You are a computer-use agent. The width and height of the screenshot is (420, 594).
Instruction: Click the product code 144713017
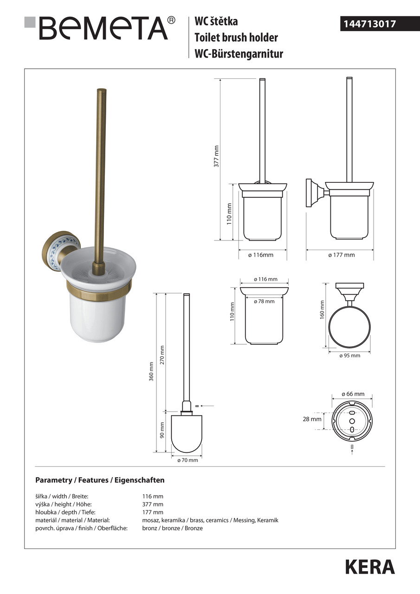[x=369, y=24]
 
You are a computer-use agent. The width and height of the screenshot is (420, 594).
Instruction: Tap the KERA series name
[x=369, y=567]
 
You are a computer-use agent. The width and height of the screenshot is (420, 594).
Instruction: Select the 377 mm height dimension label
[x=216, y=157]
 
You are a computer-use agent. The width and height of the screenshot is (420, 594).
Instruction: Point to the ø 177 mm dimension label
[x=341, y=255]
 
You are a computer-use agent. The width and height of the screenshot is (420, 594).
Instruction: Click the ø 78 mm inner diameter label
[x=264, y=301]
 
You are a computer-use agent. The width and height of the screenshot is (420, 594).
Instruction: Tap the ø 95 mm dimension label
[x=349, y=355]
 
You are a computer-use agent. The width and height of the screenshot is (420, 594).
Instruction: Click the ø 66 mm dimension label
[x=353, y=394]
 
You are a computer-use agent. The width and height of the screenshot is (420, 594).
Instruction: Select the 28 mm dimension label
[x=312, y=419]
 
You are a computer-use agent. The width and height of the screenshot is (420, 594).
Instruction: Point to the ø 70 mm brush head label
[x=187, y=460]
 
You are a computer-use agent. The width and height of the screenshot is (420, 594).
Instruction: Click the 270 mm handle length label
[x=162, y=355]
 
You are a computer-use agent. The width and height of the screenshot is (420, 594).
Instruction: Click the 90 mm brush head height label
[x=162, y=429]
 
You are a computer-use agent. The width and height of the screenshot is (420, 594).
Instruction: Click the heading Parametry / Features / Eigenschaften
[x=100, y=480]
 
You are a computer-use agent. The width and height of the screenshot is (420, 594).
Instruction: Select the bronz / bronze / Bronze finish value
[x=172, y=528]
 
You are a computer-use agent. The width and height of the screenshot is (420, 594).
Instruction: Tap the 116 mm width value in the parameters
[x=153, y=496]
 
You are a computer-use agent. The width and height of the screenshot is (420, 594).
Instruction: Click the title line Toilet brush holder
[x=236, y=37]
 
